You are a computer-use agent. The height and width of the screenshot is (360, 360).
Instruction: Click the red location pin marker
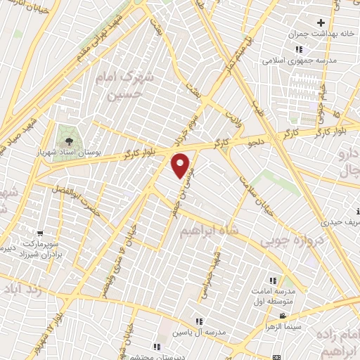click(181, 166)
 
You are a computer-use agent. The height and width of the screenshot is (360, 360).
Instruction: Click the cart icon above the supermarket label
click(41, 231)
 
